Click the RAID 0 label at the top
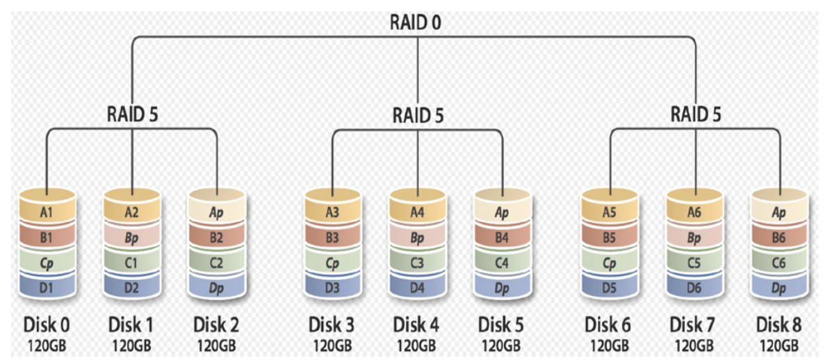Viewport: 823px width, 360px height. [418, 23]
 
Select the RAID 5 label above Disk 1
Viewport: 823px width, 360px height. [132, 113]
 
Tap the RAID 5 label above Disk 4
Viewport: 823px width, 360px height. [418, 115]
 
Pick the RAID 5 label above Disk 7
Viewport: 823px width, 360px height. [696, 113]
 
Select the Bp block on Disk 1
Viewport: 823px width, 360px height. [132, 237]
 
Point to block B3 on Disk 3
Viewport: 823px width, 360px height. [333, 237]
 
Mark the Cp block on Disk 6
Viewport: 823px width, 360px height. [610, 262]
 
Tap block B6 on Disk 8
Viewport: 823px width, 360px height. [780, 237]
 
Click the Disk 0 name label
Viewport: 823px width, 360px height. [47, 325]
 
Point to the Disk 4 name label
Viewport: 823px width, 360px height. [417, 325]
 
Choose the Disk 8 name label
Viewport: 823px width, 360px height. [779, 325]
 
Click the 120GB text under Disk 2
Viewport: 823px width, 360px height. [217, 346]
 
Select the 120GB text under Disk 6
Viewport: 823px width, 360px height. [610, 346]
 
